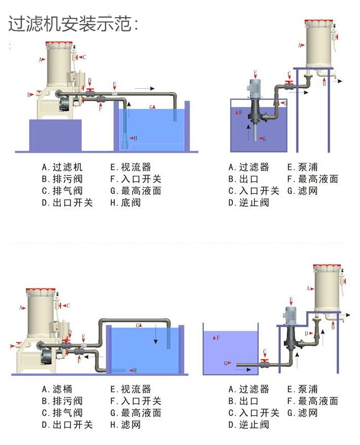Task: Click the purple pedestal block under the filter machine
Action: (56, 135)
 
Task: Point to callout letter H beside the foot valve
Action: (135, 138)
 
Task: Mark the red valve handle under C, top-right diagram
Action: (289, 82)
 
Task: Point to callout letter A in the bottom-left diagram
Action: (21, 307)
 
